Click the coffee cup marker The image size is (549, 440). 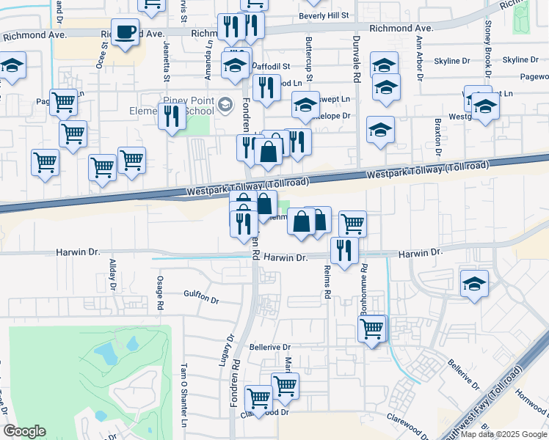pos(126,32)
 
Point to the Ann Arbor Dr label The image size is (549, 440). pos(419,59)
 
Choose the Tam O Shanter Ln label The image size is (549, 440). pos(184,395)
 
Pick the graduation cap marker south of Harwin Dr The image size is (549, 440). pos(474,284)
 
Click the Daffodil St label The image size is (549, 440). pos(272,66)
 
